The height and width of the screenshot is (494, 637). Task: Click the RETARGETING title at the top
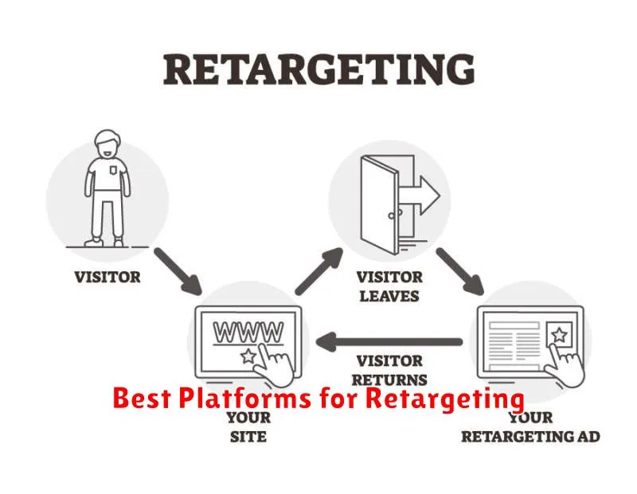pos(319,70)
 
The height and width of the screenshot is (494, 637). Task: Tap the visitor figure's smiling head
pos(107,145)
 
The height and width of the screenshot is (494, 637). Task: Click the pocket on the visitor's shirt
pos(113,169)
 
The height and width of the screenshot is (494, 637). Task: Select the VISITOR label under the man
pos(107,278)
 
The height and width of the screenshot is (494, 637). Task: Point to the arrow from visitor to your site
pos(178,270)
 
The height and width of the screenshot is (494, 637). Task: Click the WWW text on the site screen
pos(248,333)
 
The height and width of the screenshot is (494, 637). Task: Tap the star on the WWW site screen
pos(248,356)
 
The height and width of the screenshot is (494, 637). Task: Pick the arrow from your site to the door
pos(319,270)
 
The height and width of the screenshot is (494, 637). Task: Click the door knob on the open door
pos(392,216)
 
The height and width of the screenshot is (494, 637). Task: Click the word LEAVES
pos(389,296)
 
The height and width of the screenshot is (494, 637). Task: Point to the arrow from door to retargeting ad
pos(460,270)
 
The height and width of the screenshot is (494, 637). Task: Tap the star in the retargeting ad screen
pos(560,335)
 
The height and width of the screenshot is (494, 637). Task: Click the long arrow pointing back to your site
pos(389,342)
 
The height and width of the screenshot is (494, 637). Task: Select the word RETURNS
pos(389,380)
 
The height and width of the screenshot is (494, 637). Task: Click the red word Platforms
pos(244,398)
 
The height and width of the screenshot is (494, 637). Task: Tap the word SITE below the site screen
pos(248,437)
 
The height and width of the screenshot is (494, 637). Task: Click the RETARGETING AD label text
pos(530,437)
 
